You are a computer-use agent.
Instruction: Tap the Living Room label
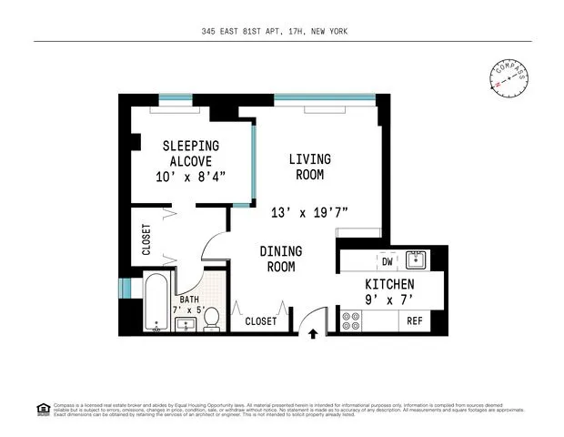pos(309,167)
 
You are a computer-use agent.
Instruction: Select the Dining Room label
pos(281,259)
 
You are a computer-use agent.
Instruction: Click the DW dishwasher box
pos(387,260)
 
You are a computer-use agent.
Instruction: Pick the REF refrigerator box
pos(415,320)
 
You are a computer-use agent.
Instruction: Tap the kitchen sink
pos(417,259)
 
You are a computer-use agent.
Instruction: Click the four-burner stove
pos(350,320)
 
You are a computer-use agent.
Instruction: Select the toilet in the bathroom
pos(211,319)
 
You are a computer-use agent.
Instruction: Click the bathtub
pos(156,302)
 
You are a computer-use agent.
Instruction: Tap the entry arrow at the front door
pos(313,334)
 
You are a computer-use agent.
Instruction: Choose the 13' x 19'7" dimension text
pos(309,213)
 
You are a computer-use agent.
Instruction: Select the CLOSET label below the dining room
pos(261,321)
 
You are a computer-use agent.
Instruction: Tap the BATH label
pos(189,299)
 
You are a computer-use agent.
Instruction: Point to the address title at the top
pos(275,32)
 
